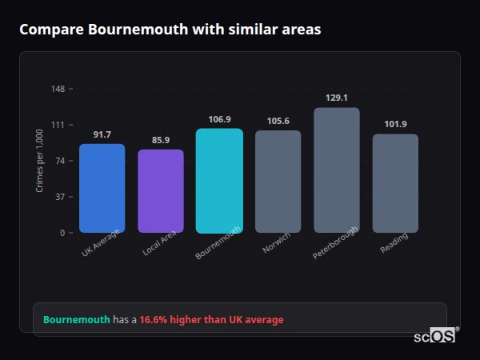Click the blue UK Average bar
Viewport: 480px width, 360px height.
[102, 188]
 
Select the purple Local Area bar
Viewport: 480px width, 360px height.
[161, 191]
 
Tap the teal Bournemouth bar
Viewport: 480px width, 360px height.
[219, 181]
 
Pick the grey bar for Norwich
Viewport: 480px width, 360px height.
[278, 182]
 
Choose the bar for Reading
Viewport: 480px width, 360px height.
[395, 183]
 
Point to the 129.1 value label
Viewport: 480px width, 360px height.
[337, 98]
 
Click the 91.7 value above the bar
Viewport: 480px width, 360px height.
[102, 134]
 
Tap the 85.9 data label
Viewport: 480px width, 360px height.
[161, 140]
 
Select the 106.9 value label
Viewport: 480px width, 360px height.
[219, 119]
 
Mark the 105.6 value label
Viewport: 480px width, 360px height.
[278, 121]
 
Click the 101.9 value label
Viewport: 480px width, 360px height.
[395, 124]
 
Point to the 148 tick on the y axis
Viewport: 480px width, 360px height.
[58, 89]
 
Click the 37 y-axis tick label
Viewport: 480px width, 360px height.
[61, 197]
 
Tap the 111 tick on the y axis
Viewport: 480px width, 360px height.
[58, 125]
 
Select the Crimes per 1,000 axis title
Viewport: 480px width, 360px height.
[40, 161]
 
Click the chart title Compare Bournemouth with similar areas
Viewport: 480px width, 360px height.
[170, 30]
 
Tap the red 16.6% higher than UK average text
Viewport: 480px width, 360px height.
[211, 320]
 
